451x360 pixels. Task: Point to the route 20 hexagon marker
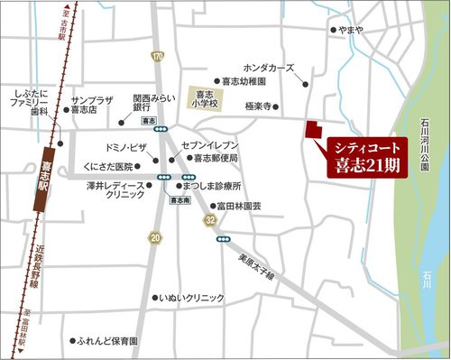[156, 237]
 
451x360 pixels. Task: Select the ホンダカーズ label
[269, 68]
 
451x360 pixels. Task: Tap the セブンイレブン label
[209, 144]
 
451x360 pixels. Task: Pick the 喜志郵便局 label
[216, 158]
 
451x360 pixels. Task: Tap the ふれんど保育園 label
[107, 342]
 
